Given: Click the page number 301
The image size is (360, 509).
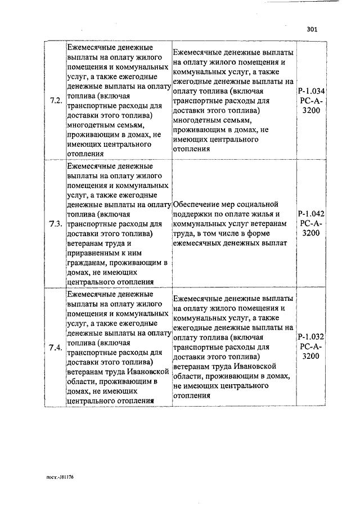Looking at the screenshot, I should click(313, 30).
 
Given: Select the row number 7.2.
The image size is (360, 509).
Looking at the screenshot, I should click(55, 101).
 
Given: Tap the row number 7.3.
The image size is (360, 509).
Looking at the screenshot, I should click(55, 224).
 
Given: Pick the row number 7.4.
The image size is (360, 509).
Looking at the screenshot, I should click(55, 347).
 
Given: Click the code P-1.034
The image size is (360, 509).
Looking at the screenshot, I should click(311, 92).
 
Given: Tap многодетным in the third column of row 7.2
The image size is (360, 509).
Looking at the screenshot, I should click(198, 120).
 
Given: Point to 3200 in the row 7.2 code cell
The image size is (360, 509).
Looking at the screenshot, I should click(311, 111).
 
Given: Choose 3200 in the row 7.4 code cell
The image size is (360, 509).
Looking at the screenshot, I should click(311, 357).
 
